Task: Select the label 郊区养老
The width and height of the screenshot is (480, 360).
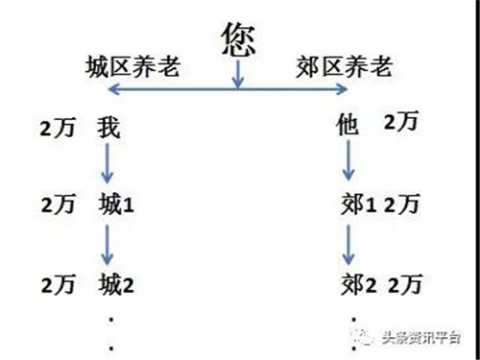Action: tap(343, 67)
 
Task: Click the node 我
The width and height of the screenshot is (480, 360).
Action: tap(108, 129)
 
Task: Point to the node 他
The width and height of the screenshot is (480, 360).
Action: tap(348, 125)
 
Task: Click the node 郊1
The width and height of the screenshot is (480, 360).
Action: tap(356, 204)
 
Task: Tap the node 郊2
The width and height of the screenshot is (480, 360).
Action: tap(356, 284)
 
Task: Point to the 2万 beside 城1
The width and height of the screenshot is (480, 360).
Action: tap(59, 204)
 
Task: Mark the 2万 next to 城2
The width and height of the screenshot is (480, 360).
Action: tap(59, 283)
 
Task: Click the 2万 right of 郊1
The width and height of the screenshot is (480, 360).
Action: tap(400, 204)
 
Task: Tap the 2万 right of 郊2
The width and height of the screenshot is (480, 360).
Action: tap(405, 284)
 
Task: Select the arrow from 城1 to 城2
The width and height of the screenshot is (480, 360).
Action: tap(108, 245)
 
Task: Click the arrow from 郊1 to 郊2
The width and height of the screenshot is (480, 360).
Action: tap(349, 245)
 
